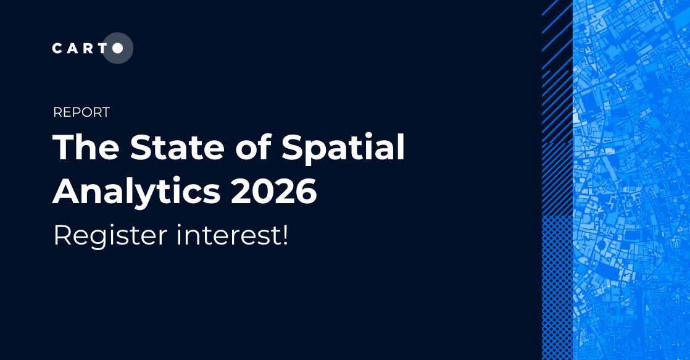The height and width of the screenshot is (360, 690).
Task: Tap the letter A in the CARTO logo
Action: [x=73, y=49]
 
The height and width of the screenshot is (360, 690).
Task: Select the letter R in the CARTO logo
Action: [x=88, y=49]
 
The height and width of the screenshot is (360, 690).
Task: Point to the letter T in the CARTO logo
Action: [x=102, y=49]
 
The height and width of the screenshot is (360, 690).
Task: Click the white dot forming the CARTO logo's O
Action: [x=117, y=48]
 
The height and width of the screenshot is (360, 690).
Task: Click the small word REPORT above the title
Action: [x=81, y=112]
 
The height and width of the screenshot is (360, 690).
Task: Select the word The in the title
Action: [x=83, y=149]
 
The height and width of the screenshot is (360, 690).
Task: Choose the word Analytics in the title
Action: [x=136, y=193]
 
